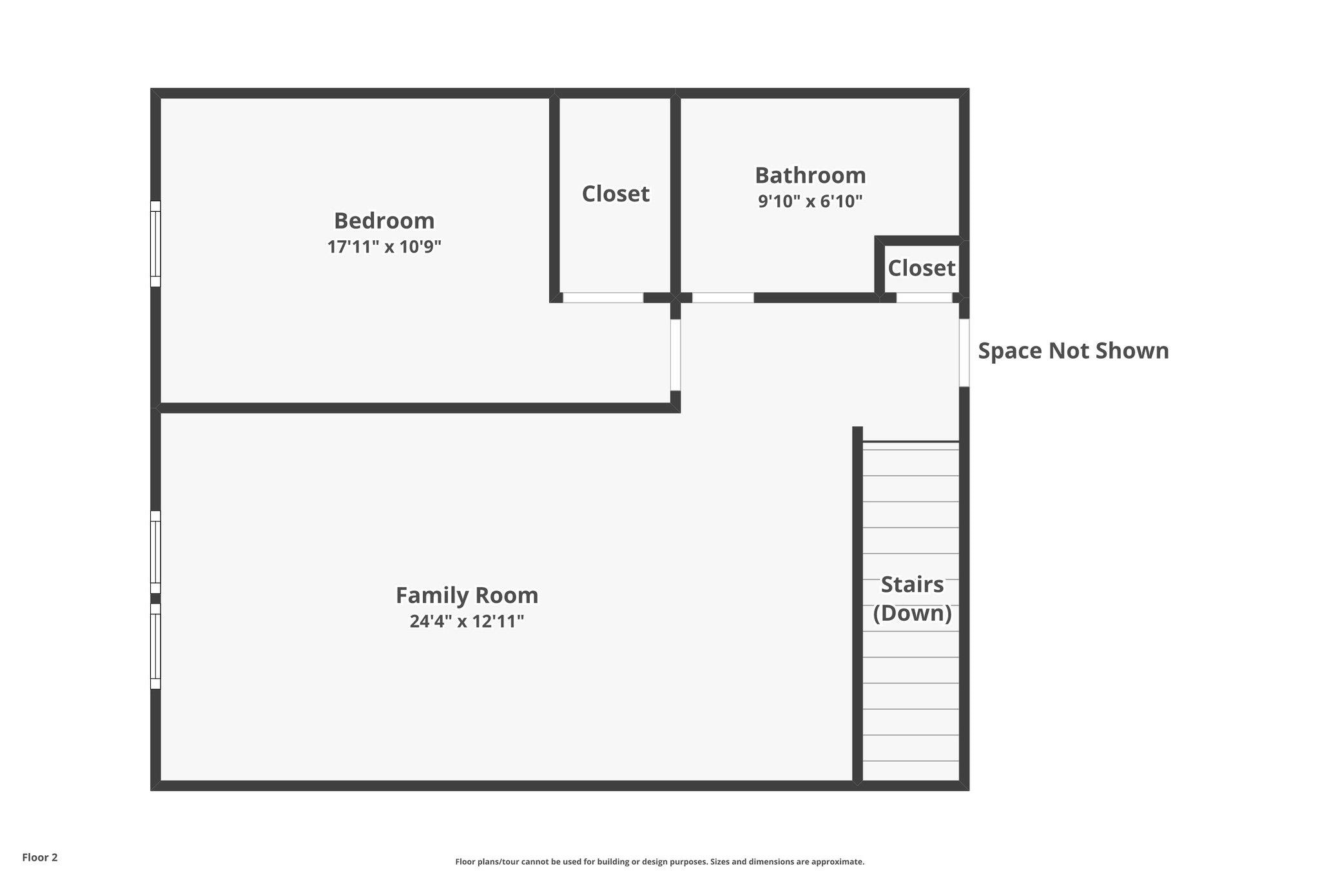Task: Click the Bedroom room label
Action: pyautogui.click(x=384, y=221)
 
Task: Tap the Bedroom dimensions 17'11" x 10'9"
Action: pyautogui.click(x=384, y=247)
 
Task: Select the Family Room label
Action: pyautogui.click(x=467, y=596)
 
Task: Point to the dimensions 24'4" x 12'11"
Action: pyautogui.click(x=467, y=621)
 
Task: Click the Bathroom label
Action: pyautogui.click(x=810, y=175)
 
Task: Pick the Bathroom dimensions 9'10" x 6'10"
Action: pyautogui.click(x=810, y=202)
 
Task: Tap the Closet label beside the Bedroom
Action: pyautogui.click(x=616, y=194)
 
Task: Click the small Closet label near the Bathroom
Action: pyautogui.click(x=922, y=268)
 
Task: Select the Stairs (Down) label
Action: pyautogui.click(x=912, y=598)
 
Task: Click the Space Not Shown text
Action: pyautogui.click(x=1073, y=351)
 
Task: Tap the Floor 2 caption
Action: pyautogui.click(x=40, y=857)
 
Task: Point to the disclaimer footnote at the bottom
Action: pyautogui.click(x=659, y=862)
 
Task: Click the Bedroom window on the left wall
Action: pyautogui.click(x=155, y=243)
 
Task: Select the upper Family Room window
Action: pyautogui.click(x=155, y=552)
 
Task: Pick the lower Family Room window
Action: pyautogui.click(x=155, y=646)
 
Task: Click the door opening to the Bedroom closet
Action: pyautogui.click(x=603, y=298)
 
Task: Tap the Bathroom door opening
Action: pyautogui.click(x=723, y=298)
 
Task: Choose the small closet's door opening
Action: pyautogui.click(x=924, y=298)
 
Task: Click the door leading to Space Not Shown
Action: pyautogui.click(x=964, y=353)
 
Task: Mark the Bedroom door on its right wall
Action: pyautogui.click(x=675, y=355)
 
